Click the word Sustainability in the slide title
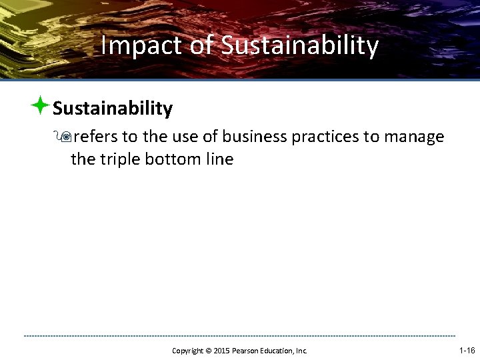(x=299, y=46)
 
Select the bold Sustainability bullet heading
(x=113, y=108)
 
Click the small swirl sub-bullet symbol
(x=65, y=137)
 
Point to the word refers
(x=95, y=137)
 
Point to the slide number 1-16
(x=467, y=350)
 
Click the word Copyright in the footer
(x=188, y=351)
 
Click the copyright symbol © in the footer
(x=209, y=351)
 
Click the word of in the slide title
(x=202, y=46)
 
